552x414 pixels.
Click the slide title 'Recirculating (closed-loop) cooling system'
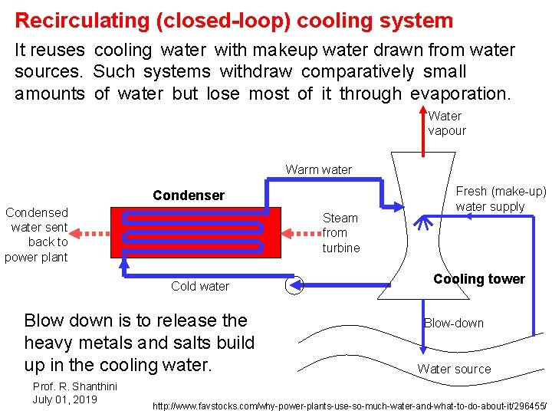click(x=234, y=20)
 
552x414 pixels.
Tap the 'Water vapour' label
click(x=446, y=123)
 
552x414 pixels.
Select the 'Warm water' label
click(x=319, y=169)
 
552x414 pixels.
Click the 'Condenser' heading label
click(x=189, y=195)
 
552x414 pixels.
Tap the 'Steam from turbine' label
click(x=340, y=232)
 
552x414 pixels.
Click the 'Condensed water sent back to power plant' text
click(x=37, y=235)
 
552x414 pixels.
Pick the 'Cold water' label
click(x=200, y=286)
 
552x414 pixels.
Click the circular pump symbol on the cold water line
click(x=294, y=285)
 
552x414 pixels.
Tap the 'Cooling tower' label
click(x=479, y=278)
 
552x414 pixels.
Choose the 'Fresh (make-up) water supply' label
click(x=501, y=199)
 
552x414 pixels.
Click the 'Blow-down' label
click(x=454, y=323)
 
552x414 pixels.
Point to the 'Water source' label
click(x=454, y=369)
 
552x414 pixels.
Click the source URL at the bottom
click(x=350, y=405)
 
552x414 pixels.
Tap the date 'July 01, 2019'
click(x=64, y=399)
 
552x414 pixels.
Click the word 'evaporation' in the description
click(x=458, y=94)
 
